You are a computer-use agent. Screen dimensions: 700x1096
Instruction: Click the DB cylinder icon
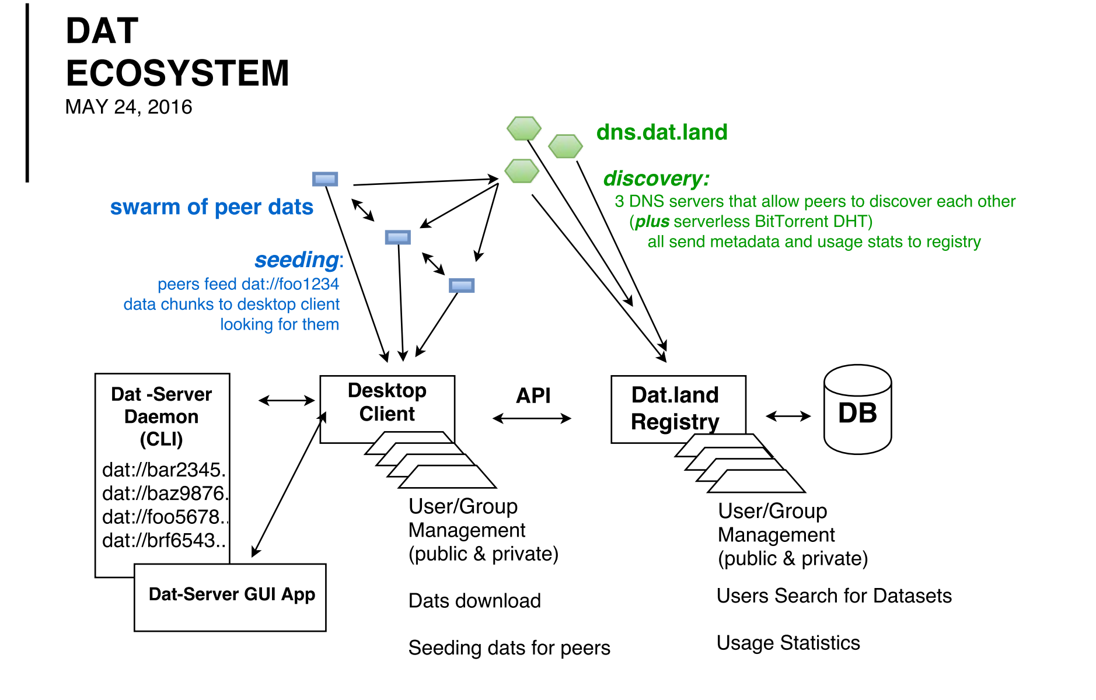pyautogui.click(x=857, y=410)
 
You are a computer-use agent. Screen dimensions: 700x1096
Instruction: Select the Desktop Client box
pyautogui.click(x=387, y=403)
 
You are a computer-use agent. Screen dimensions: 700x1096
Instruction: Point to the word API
pyautogui.click(x=533, y=395)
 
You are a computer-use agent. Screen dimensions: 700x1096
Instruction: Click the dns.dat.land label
pyautogui.click(x=662, y=132)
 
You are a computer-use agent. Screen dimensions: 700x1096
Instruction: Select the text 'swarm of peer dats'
pyautogui.click(x=211, y=207)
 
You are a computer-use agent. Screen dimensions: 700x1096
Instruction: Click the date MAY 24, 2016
pyautogui.click(x=128, y=107)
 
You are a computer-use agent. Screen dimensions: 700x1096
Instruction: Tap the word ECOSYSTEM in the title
pyautogui.click(x=177, y=73)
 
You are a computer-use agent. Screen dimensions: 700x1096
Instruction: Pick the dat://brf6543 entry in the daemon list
pyautogui.click(x=163, y=541)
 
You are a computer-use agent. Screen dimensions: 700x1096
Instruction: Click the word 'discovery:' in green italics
pyautogui.click(x=656, y=178)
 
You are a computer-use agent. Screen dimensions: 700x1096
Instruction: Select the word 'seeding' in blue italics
pyautogui.click(x=296, y=260)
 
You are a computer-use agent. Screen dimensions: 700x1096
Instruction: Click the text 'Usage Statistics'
pyautogui.click(x=788, y=643)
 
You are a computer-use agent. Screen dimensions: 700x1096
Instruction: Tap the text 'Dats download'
pyautogui.click(x=474, y=601)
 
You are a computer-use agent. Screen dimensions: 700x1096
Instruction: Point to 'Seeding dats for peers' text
pyautogui.click(x=509, y=648)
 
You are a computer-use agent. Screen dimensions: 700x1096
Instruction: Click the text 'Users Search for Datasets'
pyautogui.click(x=834, y=596)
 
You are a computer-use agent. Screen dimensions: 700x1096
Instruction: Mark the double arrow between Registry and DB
pyautogui.click(x=788, y=416)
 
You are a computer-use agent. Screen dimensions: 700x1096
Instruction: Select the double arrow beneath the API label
pyautogui.click(x=532, y=418)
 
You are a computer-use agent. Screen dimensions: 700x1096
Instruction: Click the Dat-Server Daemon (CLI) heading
pyautogui.click(x=162, y=416)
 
